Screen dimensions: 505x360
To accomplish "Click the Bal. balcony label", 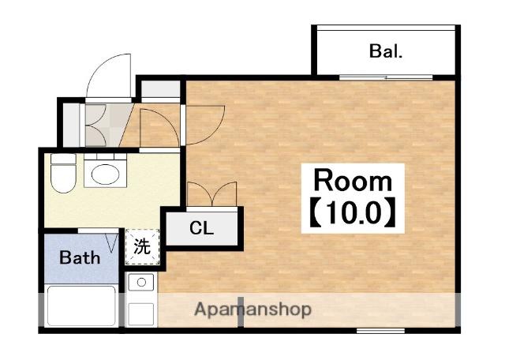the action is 386,51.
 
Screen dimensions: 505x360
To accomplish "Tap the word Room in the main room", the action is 353,181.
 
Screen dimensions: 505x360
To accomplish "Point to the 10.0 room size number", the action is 353,212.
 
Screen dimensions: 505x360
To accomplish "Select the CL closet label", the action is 201,228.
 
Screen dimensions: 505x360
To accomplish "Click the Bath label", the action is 80,257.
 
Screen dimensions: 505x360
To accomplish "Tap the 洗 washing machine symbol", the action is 142,246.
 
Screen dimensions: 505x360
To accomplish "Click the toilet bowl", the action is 63,178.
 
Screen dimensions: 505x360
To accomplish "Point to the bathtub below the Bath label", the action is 81,306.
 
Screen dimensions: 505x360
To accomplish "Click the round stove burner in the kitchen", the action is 141,283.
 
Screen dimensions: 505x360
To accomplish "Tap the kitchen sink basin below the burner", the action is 141,313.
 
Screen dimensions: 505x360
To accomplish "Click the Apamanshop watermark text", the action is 253,309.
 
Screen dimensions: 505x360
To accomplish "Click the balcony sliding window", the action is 386,77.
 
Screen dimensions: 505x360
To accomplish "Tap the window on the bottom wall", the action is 380,330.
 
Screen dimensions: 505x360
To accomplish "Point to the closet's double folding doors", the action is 212,193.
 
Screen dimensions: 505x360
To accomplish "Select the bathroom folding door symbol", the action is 112,242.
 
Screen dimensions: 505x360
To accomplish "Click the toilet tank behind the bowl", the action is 63,159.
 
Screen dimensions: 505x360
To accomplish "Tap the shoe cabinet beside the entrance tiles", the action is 71,125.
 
